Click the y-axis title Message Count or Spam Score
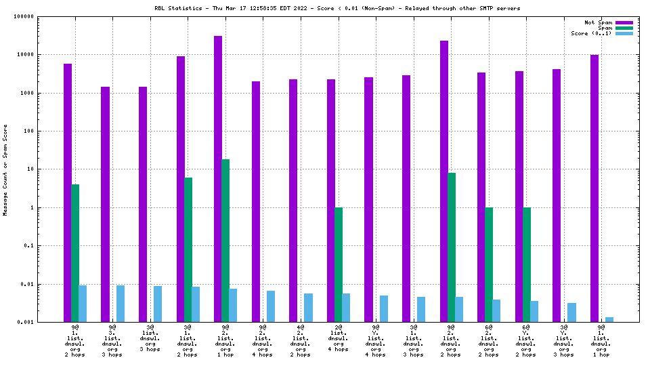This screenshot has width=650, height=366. point(5,169)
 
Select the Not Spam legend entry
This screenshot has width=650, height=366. point(599,22)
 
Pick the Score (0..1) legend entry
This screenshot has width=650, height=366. point(591,33)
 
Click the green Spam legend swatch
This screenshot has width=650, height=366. point(624,28)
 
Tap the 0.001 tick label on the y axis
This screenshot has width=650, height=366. point(26,322)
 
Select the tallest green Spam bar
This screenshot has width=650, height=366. point(225,241)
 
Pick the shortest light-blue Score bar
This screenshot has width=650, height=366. point(609,319)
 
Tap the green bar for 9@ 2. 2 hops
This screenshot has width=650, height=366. point(451,247)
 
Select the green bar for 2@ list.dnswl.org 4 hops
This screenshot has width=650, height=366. point(339,264)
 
